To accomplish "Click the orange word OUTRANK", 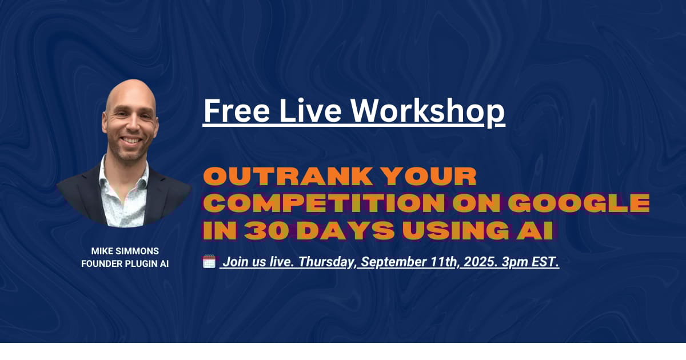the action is (x=288, y=177).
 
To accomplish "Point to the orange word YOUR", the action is (x=429, y=177).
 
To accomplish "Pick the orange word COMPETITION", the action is (x=324, y=203).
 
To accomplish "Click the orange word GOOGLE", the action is (x=579, y=203).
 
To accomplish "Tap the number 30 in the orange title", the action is (x=266, y=230).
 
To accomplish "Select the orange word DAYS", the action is (x=345, y=230).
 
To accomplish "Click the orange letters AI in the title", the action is (x=535, y=230).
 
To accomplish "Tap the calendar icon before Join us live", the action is (x=209, y=262).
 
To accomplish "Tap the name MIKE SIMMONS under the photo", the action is (x=125, y=251).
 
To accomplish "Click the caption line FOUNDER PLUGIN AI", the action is (x=125, y=264).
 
